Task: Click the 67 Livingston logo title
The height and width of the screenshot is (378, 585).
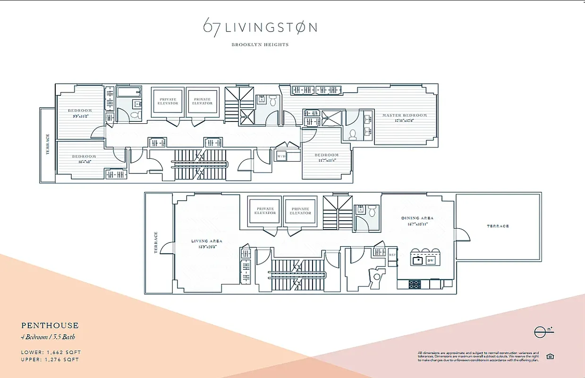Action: click(x=260, y=26)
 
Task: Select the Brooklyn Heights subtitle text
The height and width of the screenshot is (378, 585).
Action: click(x=260, y=45)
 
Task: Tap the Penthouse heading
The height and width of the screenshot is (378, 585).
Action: click(x=50, y=326)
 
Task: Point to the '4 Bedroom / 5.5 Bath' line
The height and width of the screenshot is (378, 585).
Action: click(x=48, y=337)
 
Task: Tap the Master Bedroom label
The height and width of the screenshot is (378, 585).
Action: click(x=404, y=115)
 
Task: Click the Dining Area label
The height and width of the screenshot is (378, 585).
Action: click(x=417, y=218)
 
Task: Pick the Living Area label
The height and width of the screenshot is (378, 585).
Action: click(x=206, y=241)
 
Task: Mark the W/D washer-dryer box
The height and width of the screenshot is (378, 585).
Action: click(x=281, y=156)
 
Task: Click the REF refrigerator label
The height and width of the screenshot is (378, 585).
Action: click(x=391, y=254)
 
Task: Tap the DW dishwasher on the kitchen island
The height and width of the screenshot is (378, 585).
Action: click(x=430, y=260)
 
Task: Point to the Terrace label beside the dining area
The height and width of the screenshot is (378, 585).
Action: click(x=498, y=226)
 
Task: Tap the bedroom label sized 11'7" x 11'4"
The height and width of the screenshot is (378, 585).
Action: click(x=326, y=155)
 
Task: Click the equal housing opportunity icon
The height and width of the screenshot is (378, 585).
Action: click(x=550, y=356)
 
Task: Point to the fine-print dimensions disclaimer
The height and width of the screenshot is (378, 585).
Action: click(x=478, y=356)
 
